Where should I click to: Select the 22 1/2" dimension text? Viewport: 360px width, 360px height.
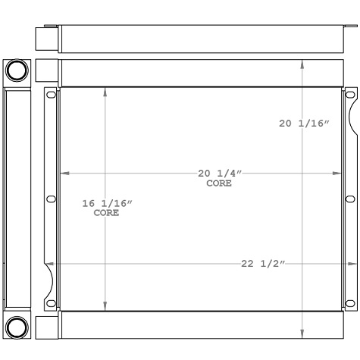263,264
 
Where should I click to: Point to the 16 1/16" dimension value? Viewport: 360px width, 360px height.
107,203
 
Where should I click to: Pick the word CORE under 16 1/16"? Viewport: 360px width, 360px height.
107,213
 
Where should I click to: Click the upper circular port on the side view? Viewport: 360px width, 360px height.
17,71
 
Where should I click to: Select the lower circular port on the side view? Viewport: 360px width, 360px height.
17,327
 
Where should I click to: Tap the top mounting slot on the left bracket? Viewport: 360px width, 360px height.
51,95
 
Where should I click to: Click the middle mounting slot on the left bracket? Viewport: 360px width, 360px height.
51,199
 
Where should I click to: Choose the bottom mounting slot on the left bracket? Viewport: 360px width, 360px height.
51,303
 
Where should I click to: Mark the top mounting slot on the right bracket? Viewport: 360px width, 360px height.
350,95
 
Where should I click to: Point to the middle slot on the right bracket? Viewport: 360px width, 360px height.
350,199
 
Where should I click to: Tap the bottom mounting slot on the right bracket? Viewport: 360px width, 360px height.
350,303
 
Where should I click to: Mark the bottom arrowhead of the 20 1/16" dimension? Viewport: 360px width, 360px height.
303,333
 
